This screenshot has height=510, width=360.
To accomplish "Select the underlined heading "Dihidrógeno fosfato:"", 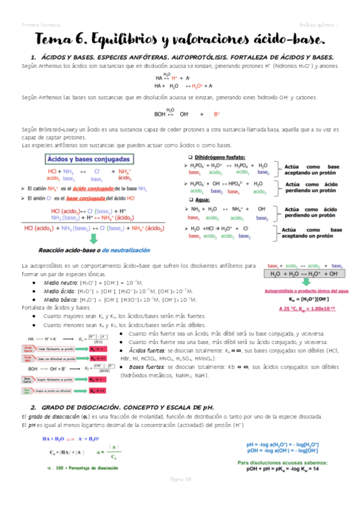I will point(220,156).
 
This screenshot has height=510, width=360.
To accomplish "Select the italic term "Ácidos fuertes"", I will point(146,349).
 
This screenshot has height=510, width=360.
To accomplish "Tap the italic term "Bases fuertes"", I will point(145,366).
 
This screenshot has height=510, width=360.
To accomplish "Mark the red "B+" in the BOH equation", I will point(217,113).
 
